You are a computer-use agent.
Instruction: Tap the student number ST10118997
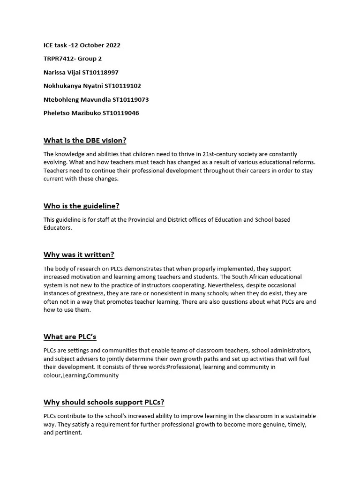(100, 72)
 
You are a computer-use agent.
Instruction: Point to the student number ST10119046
(120, 113)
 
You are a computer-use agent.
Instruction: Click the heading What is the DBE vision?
(85, 140)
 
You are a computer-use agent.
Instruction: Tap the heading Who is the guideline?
(82, 206)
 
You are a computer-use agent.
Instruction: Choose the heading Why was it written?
(79, 255)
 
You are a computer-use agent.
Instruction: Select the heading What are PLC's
(70, 337)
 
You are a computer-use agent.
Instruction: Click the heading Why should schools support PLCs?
(104, 402)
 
